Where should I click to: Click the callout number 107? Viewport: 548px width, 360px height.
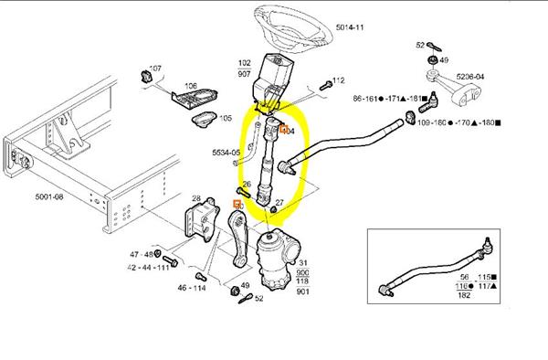(154, 69)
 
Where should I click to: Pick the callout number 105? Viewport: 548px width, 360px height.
(226, 119)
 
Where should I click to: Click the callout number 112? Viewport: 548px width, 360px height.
(338, 80)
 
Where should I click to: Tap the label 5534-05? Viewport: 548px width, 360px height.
(225, 154)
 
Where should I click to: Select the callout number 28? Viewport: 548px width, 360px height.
(195, 199)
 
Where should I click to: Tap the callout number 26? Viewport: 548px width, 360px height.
(246, 185)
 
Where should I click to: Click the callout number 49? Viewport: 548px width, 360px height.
(245, 285)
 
